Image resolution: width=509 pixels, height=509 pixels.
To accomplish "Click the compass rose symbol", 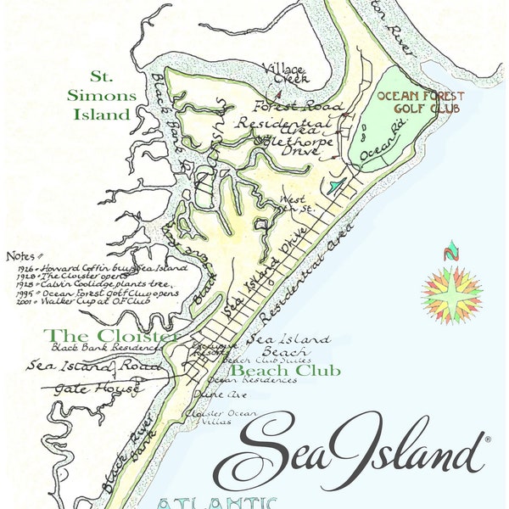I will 451,291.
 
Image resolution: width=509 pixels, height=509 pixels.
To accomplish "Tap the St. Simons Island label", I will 100,103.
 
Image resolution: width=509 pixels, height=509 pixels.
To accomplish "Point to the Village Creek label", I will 285,73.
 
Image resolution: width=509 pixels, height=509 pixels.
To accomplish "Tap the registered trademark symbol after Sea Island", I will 487,439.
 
